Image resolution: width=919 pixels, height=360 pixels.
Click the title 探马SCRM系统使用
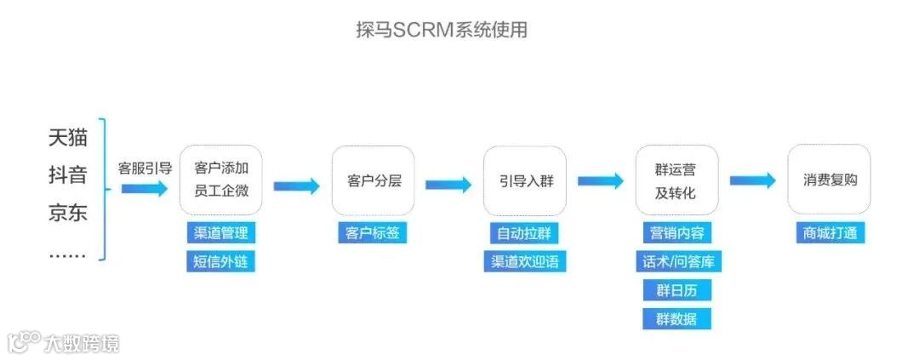coord(442,30)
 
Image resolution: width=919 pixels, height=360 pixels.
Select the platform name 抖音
coord(68,174)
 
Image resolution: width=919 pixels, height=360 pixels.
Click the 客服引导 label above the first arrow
coord(145,168)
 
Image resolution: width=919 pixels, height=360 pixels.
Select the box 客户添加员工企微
coord(221,180)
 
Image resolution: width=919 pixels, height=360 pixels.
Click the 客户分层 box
coord(373,180)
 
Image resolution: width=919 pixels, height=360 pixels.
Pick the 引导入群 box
coord(525,180)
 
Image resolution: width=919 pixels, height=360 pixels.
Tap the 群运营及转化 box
coord(676,180)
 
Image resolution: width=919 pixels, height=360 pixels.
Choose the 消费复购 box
coord(829,180)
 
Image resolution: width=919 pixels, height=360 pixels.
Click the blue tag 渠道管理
coord(221,232)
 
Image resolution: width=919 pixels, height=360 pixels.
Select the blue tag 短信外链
coord(221,261)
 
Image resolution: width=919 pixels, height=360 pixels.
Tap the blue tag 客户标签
coord(373,232)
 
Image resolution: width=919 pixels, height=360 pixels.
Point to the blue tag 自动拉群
coord(525,232)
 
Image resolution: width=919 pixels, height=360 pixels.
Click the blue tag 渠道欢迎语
coord(525,261)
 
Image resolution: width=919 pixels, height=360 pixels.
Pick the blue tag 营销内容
coord(676,232)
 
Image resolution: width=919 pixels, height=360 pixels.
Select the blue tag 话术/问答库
coord(676,261)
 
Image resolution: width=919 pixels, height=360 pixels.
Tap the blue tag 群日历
coord(676,290)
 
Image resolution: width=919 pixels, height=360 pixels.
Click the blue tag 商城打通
coord(829,232)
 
